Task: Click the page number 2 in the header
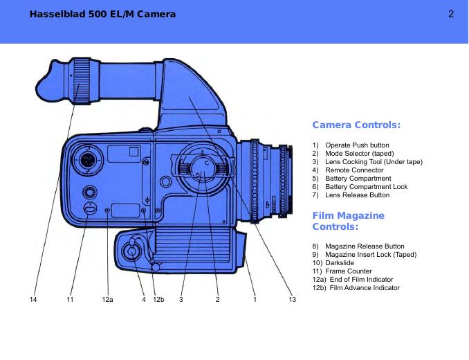click(451, 14)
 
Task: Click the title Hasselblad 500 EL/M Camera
click(102, 14)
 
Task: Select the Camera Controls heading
click(356, 125)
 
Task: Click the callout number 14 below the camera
click(33, 299)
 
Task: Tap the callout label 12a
click(107, 299)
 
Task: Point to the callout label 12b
click(158, 299)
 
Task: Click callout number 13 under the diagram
click(292, 299)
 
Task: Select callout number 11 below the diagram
click(70, 299)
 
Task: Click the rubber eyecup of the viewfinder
click(54, 82)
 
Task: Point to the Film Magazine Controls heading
click(349, 221)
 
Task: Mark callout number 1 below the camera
click(255, 299)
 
